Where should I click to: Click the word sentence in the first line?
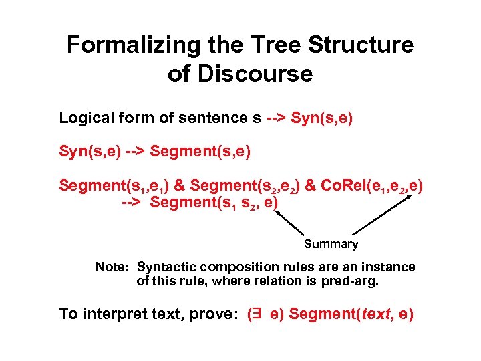tap(221, 118)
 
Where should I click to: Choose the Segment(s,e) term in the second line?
tap(200, 152)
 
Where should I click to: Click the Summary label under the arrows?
tap(331, 244)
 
